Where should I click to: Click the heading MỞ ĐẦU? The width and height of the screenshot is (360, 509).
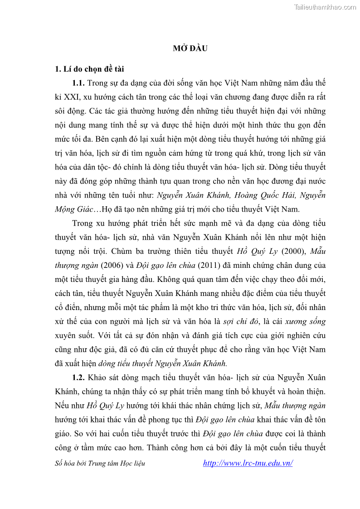point(190,48)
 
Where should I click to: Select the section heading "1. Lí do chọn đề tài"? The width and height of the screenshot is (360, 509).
point(89,69)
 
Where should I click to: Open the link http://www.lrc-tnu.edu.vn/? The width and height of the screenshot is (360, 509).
point(248,463)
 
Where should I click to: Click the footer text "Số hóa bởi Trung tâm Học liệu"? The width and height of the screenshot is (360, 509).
point(100,463)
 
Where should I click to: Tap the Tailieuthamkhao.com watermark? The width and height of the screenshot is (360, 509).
point(325,7)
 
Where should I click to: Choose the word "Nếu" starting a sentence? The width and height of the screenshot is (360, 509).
point(63,406)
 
